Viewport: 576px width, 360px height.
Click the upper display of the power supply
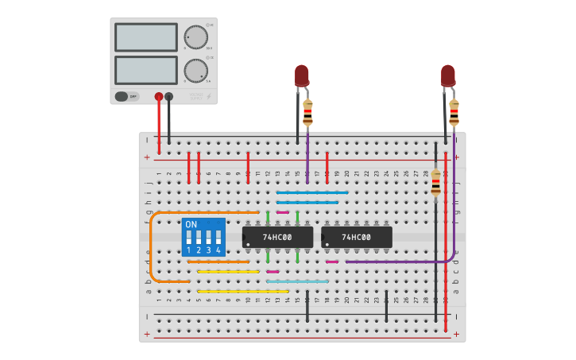click(x=146, y=37)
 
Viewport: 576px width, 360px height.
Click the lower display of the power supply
click(x=146, y=69)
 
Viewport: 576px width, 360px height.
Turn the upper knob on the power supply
click(x=195, y=37)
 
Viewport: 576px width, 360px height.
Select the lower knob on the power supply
click(x=195, y=70)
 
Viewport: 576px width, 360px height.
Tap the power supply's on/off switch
click(x=122, y=96)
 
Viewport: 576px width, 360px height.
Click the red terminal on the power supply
click(x=159, y=96)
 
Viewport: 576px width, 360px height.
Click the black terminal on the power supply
click(x=168, y=96)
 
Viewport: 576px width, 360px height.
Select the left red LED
click(x=302, y=75)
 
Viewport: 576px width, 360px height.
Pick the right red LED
click(x=448, y=75)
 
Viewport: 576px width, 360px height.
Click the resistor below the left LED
click(x=307, y=113)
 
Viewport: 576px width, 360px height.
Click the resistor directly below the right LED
click(x=454, y=112)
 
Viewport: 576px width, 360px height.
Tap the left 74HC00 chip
click(x=277, y=237)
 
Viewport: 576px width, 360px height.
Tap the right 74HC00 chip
click(x=357, y=237)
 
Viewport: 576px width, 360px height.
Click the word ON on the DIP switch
click(x=191, y=225)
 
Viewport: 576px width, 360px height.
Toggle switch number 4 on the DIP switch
click(x=218, y=239)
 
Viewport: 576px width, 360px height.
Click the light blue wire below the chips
click(x=297, y=281)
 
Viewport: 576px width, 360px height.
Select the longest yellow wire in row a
click(x=243, y=291)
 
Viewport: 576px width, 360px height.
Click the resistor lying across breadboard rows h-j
click(x=435, y=185)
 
